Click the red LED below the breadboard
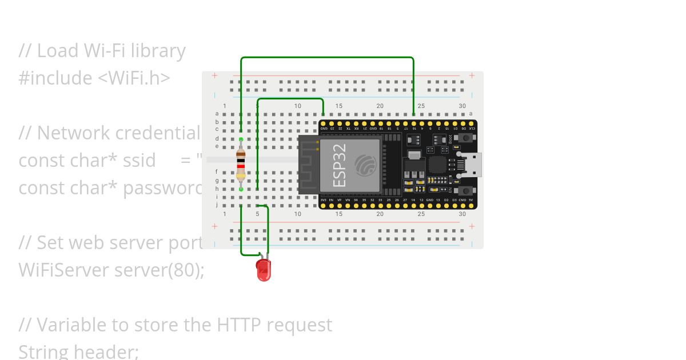click(264, 270)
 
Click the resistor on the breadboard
click(241, 164)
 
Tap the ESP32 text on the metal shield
click(339, 166)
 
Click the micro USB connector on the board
click(471, 165)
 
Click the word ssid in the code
click(139, 161)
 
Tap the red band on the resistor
click(241, 166)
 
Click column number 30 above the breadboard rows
click(462, 106)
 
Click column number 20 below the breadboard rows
click(380, 214)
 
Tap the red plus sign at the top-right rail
click(472, 75)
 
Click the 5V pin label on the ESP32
click(471, 200)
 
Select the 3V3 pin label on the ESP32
click(323, 200)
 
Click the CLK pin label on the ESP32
click(471, 129)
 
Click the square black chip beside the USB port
click(437, 165)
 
